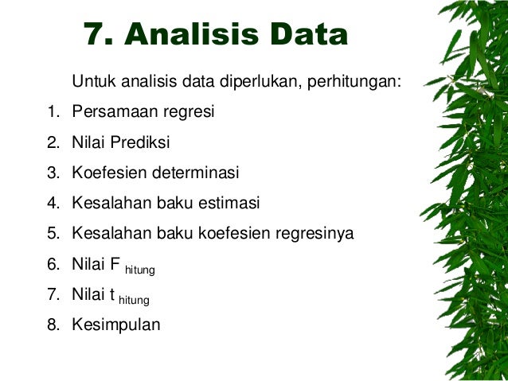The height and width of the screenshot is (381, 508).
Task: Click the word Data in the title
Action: tap(309, 34)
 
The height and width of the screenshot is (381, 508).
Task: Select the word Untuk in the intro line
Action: tap(92, 82)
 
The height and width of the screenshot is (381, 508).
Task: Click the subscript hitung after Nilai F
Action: tap(139, 271)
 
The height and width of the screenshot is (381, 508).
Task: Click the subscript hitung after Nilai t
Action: tap(134, 301)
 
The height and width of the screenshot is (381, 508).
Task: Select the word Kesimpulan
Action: tap(115, 325)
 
